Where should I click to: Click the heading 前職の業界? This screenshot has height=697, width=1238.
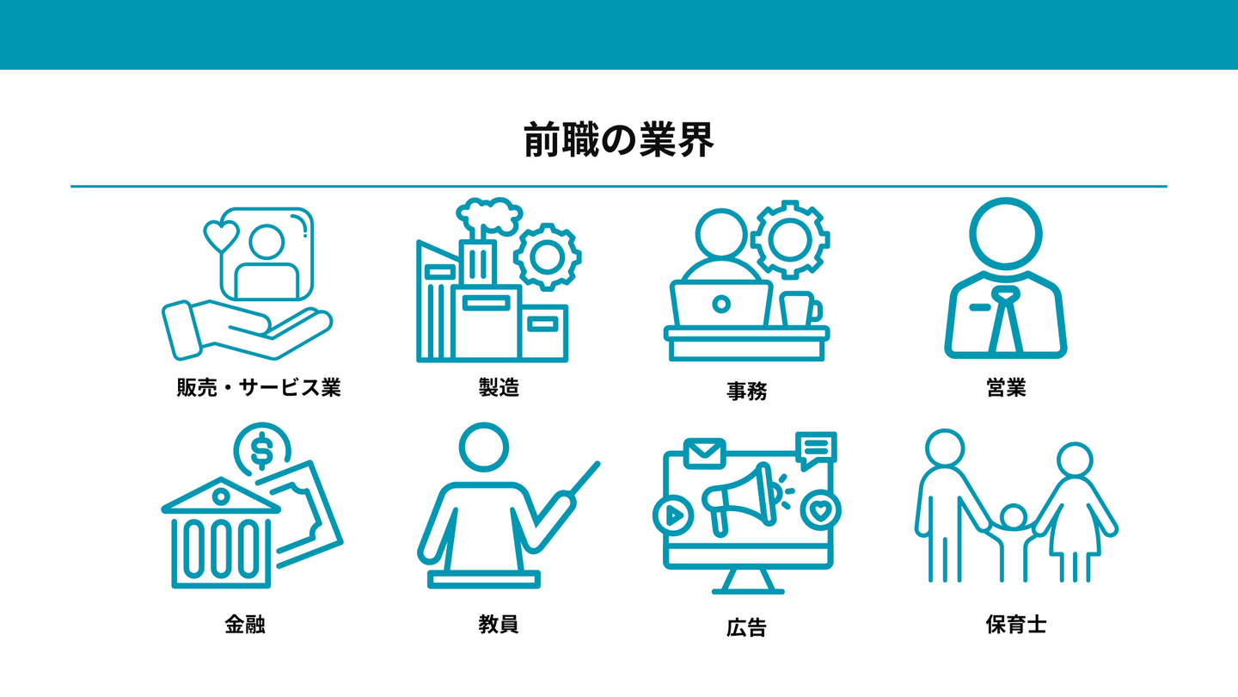point(619,140)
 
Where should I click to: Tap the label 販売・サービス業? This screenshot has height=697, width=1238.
point(259,387)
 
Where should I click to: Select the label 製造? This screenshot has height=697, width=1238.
point(499,387)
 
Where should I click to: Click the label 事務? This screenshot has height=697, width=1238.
point(746,391)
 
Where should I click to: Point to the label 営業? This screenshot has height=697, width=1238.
point(1006,387)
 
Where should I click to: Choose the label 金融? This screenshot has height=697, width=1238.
point(245,625)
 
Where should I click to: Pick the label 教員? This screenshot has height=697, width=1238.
point(499,625)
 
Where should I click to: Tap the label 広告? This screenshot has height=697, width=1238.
point(746,628)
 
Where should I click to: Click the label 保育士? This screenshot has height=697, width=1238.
point(1016,625)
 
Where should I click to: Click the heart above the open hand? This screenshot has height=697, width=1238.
point(221,236)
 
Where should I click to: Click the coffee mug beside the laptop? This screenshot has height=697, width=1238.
point(800,309)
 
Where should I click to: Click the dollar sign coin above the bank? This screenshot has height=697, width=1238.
point(262,450)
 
